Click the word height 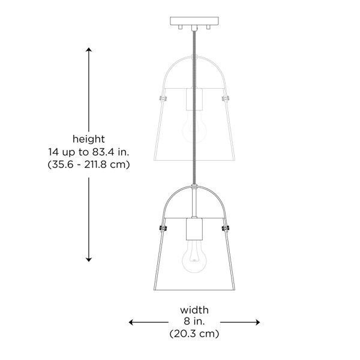[x=89, y=139]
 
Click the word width [x=194, y=310]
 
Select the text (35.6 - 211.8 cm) [x=89, y=164]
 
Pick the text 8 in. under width [x=194, y=321]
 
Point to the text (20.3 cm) [x=194, y=334]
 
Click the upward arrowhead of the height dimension [x=89, y=50]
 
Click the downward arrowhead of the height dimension [x=89, y=260]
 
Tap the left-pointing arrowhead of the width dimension [x=131, y=322]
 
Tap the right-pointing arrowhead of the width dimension [x=257, y=322]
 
